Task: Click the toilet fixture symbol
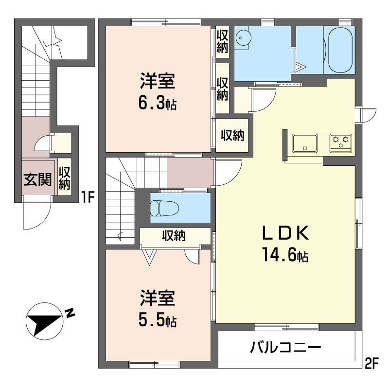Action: click(164, 208)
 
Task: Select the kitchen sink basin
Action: click(305, 143)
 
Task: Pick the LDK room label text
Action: click(285, 233)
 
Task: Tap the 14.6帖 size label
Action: click(285, 255)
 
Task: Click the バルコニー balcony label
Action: click(285, 347)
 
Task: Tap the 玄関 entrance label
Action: click(37, 179)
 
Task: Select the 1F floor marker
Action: click(88, 198)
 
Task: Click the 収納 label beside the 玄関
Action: click(65, 178)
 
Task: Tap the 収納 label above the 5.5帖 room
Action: click(174, 235)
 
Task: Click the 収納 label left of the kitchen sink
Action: click(232, 135)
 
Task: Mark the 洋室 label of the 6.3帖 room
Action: click(158, 81)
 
